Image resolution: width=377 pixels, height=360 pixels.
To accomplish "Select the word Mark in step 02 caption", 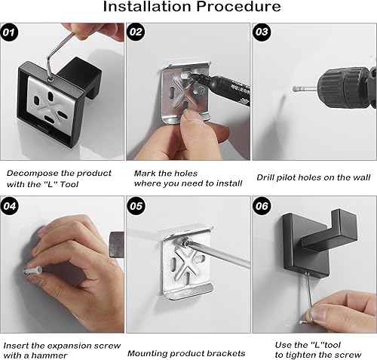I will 145,173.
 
